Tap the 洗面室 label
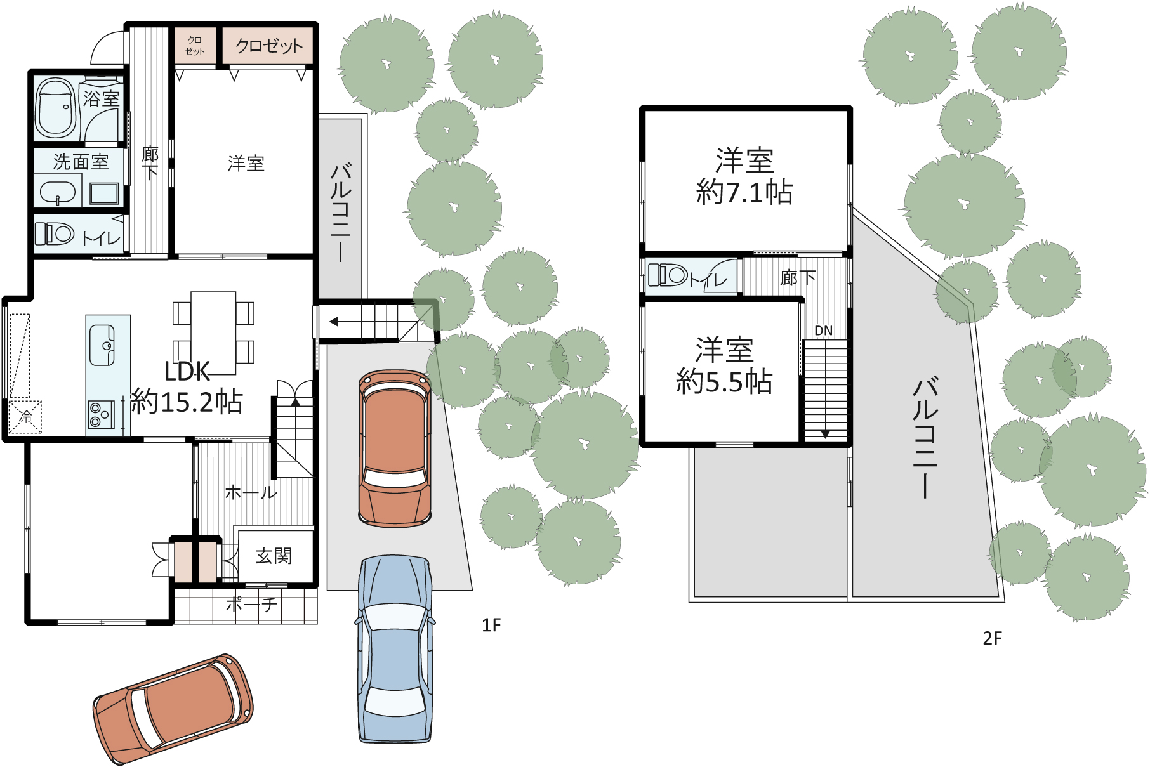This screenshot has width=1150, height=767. [81, 162]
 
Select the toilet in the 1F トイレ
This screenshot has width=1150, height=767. [55, 233]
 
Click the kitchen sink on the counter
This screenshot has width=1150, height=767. [102, 345]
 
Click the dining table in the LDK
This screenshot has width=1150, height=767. [213, 333]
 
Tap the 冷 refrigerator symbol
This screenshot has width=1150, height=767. [25, 417]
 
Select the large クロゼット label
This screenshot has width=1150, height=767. [269, 46]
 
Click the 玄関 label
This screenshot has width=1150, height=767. [274, 556]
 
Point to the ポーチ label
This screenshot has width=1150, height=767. [251, 605]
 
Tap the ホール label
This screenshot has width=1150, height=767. [251, 492]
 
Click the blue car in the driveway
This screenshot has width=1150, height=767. [395, 648]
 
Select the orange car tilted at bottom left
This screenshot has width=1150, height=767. [173, 709]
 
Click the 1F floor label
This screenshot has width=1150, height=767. [491, 626]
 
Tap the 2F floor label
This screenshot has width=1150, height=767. [993, 638]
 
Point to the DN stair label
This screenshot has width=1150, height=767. [823, 331]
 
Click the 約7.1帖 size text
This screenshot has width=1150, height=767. [744, 192]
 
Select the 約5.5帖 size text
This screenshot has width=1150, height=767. [724, 381]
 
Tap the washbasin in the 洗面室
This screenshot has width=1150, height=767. [58, 192]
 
